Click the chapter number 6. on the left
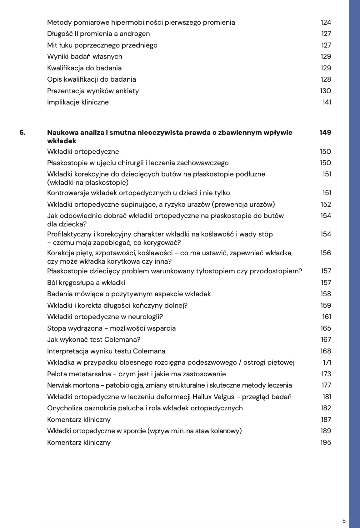click(22, 133)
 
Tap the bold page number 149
click(325, 133)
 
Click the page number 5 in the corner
click(344, 521)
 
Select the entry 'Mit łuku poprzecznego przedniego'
click(102, 45)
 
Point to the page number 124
click(326, 23)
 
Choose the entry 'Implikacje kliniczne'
click(78, 102)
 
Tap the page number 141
click(327, 102)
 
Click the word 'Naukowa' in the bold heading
click(62, 133)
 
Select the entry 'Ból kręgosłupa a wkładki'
click(86, 283)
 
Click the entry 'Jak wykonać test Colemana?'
click(94, 340)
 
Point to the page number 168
click(326, 351)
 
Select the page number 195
click(326, 443)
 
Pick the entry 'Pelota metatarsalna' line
click(136, 374)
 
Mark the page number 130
click(326, 91)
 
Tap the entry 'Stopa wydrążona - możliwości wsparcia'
click(111, 328)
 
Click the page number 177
click(326, 385)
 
